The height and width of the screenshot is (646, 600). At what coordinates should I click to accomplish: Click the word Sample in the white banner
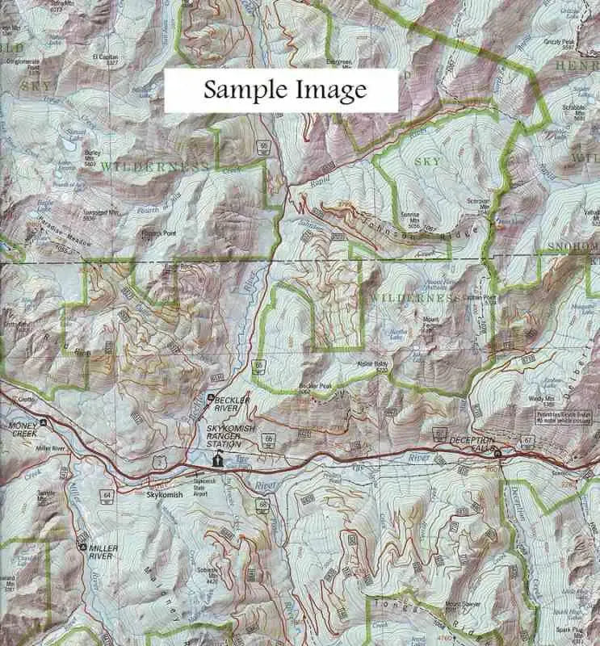point(240,90)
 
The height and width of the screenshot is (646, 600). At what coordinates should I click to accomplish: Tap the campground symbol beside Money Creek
point(44,422)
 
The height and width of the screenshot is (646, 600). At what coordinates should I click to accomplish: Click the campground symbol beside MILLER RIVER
point(82,547)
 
